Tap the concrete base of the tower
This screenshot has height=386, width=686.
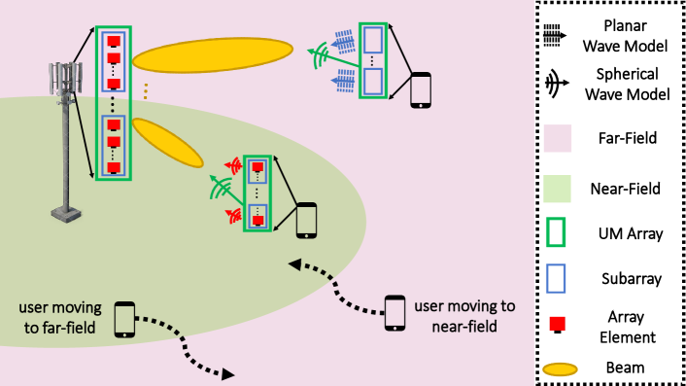click(x=67, y=210)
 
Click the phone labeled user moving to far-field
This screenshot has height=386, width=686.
click(x=124, y=318)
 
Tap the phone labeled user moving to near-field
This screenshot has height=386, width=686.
click(x=394, y=312)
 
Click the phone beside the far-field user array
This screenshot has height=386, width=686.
click(x=421, y=89)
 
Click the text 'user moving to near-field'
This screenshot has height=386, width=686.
click(x=463, y=316)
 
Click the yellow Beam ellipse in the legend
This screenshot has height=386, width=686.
click(x=559, y=367)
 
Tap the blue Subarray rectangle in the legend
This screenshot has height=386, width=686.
click(x=558, y=278)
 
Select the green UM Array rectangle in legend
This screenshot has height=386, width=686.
click(x=558, y=232)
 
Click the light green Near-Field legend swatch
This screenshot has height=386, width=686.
click(x=559, y=185)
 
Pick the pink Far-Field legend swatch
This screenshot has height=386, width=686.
click(x=559, y=137)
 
